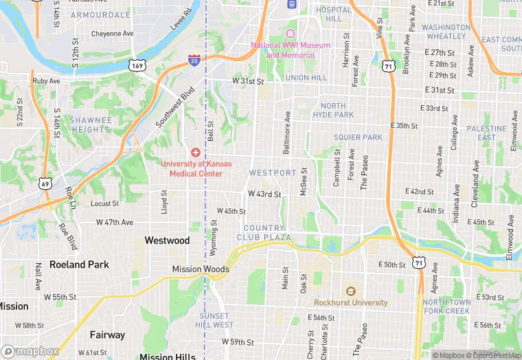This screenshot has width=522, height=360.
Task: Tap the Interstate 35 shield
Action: click(194, 61)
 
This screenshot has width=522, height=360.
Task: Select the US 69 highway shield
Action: click(46, 183)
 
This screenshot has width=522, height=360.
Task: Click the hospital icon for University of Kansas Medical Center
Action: click(196, 152)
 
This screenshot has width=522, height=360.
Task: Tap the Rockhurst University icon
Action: click(350, 291)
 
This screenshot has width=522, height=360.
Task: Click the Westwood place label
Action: click(167, 240)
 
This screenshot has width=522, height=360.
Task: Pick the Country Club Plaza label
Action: click(264, 232)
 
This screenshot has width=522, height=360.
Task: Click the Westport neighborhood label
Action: click(273, 172)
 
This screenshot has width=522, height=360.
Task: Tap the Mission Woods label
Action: click(201, 269)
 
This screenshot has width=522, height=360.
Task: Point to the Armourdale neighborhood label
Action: click(100, 14)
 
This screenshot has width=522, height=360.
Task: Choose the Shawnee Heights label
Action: click(90, 124)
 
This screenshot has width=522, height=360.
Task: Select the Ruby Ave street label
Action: click(46, 80)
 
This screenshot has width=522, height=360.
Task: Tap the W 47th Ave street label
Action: click(115, 223)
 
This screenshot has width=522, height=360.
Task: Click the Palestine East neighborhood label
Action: click(486, 133)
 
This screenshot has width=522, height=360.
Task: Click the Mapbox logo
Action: click(31, 351)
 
